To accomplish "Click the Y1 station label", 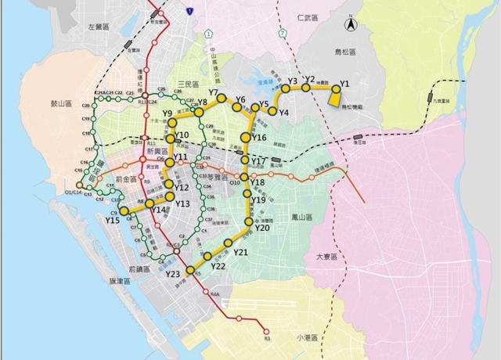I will [344, 83].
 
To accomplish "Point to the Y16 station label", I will [260, 138].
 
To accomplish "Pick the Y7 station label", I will [213, 93].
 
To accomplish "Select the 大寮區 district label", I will [326, 257].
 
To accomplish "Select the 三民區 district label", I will [191, 83].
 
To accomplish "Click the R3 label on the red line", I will [266, 338].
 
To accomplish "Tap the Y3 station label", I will [292, 81].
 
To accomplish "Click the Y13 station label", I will [182, 203].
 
